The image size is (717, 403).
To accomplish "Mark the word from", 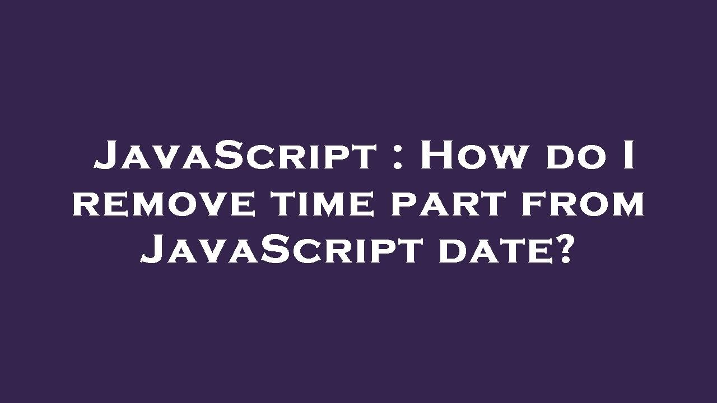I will coord(583,204).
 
